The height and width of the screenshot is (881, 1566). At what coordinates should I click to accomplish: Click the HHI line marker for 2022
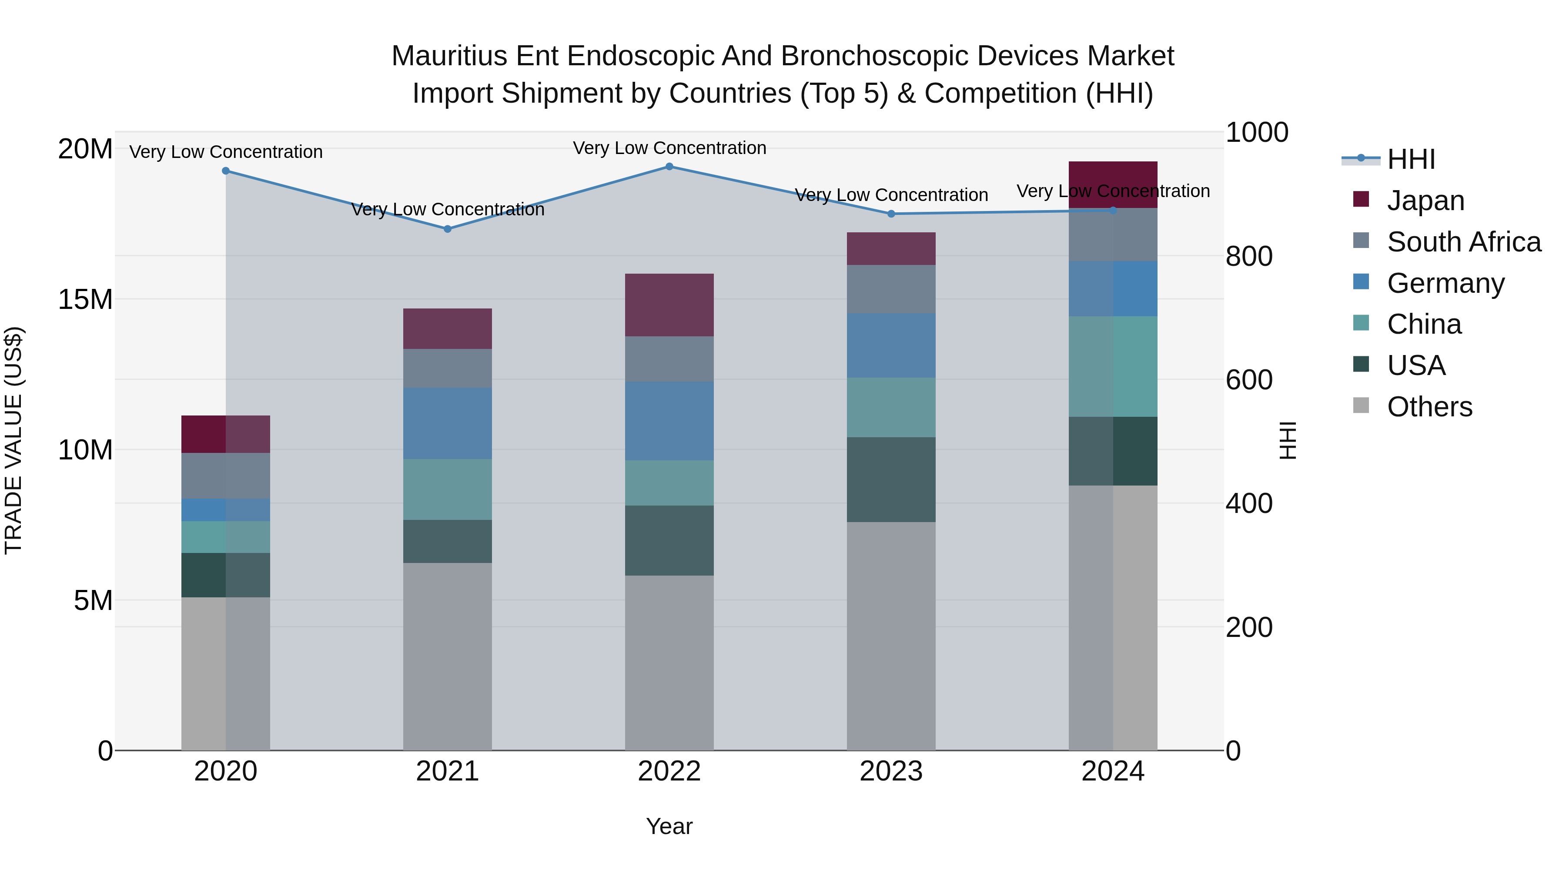669,167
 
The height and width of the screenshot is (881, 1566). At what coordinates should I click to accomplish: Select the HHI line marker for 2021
448,229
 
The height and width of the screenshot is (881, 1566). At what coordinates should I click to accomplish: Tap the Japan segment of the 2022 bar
669,305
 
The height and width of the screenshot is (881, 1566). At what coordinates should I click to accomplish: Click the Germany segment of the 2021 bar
448,423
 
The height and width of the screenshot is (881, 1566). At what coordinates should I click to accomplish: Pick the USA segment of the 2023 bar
891,480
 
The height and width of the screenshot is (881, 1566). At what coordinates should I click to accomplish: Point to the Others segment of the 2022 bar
669,663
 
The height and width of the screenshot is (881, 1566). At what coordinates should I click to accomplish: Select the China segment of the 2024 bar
1113,367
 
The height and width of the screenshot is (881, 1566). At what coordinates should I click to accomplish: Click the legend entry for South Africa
1463,242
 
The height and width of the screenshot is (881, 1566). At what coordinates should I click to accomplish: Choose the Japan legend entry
1425,201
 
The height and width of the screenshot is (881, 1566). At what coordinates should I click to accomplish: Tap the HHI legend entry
1410,159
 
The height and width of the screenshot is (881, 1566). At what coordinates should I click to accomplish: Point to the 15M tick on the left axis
85,300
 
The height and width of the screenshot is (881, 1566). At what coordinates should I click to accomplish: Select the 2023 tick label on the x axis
891,771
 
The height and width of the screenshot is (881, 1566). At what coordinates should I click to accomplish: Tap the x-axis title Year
669,826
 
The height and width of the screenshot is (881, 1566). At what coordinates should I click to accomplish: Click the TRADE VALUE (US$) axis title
13,440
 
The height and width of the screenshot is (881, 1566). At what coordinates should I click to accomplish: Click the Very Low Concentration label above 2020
226,152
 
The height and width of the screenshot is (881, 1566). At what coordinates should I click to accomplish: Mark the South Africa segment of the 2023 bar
891,289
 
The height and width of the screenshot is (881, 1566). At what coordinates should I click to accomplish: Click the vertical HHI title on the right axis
1288,440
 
